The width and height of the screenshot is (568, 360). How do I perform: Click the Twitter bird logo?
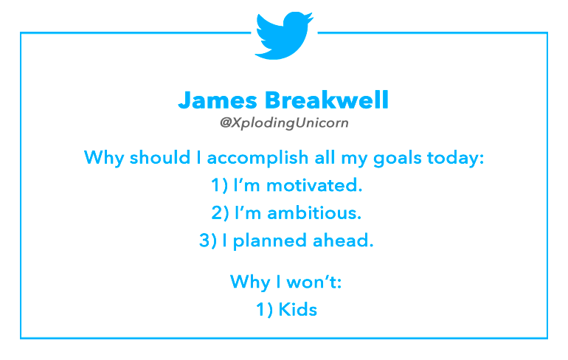tap(284, 35)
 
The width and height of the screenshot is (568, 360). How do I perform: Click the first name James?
tap(218, 100)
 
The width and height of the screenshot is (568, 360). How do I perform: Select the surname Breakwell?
tap(327, 100)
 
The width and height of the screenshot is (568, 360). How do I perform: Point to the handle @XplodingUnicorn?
tap(284, 123)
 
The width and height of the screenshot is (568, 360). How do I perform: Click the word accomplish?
tap(257, 159)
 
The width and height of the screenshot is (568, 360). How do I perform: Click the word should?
tap(160, 158)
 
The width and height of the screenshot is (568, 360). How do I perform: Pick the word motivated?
tap(314, 185)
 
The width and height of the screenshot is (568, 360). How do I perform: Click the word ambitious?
tap(314, 213)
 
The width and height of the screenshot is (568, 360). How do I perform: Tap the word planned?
tap(269, 241)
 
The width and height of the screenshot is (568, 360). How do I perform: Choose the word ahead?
tap(343, 240)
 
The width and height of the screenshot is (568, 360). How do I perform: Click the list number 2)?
tap(221, 213)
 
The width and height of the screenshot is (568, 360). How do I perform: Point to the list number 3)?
tap(208, 240)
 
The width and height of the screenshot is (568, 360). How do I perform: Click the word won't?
tap(314, 282)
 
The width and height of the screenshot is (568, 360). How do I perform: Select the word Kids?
tap(297, 310)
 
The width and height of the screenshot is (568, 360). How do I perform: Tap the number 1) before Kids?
tap(264, 310)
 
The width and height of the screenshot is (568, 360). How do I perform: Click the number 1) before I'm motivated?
tap(220, 185)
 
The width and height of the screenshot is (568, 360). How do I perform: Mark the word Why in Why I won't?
tap(250, 282)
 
